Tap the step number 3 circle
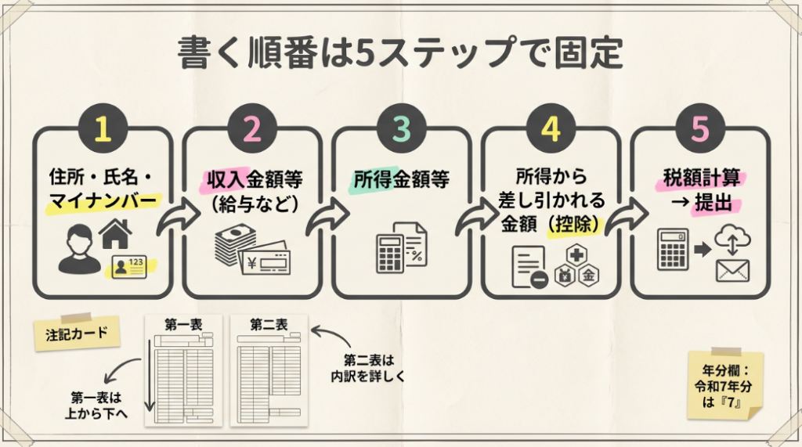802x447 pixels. click(x=402, y=129)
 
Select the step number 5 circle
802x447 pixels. click(x=699, y=129)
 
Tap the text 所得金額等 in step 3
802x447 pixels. click(x=401, y=179)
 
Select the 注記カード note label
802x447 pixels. click(x=78, y=332)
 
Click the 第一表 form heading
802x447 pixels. click(x=182, y=325)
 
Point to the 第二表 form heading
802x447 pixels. click(x=268, y=325)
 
